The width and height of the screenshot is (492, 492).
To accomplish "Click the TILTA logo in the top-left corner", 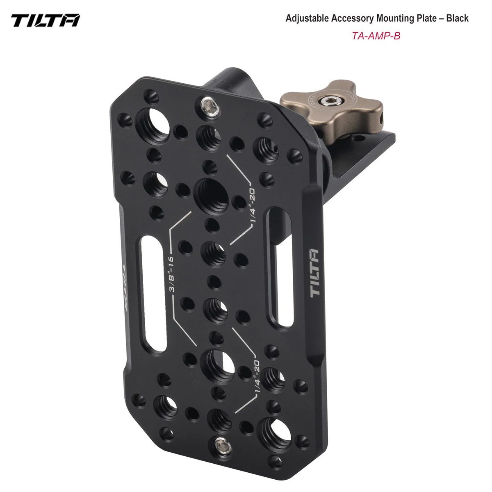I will point(46,19).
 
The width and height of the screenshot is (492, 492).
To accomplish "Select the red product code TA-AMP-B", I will point(376,36).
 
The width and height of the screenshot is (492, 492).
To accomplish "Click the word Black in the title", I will point(456,18).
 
